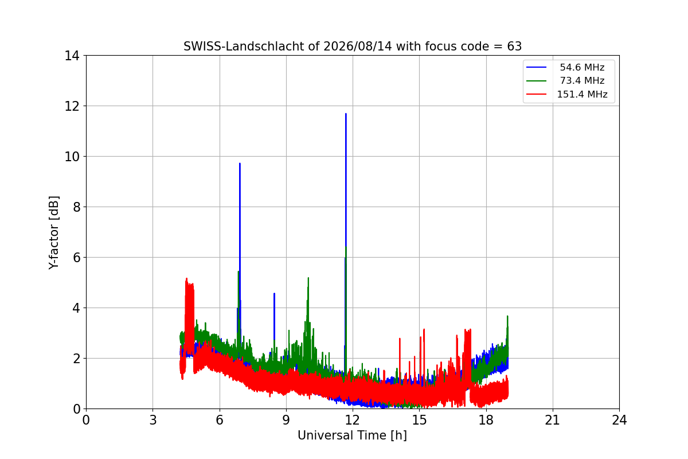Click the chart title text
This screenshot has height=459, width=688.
tap(352, 46)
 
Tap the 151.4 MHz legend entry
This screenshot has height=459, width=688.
tap(566, 94)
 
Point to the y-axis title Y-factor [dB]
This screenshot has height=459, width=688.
tap(54, 233)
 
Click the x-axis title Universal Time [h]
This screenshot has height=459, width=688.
tap(352, 435)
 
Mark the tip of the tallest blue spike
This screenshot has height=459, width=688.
tap(346, 114)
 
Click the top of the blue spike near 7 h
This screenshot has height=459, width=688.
tap(240, 164)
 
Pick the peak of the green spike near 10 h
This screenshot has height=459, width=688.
tap(308, 278)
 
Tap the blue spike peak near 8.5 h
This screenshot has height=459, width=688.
tap(274, 294)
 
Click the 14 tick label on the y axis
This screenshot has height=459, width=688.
tap(72, 56)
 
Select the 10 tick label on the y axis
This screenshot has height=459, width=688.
tap(72, 157)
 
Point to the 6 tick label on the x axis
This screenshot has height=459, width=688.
tap(220, 420)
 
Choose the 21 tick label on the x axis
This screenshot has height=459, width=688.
tap(553, 420)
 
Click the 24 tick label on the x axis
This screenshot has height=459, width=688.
tap(619, 420)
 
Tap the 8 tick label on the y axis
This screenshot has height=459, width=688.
tap(76, 207)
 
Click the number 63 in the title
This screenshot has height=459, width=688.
tap(514, 46)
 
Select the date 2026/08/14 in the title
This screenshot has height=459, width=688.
tap(358, 46)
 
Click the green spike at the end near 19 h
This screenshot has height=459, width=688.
tap(507, 316)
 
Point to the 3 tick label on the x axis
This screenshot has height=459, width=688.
tap(153, 420)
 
